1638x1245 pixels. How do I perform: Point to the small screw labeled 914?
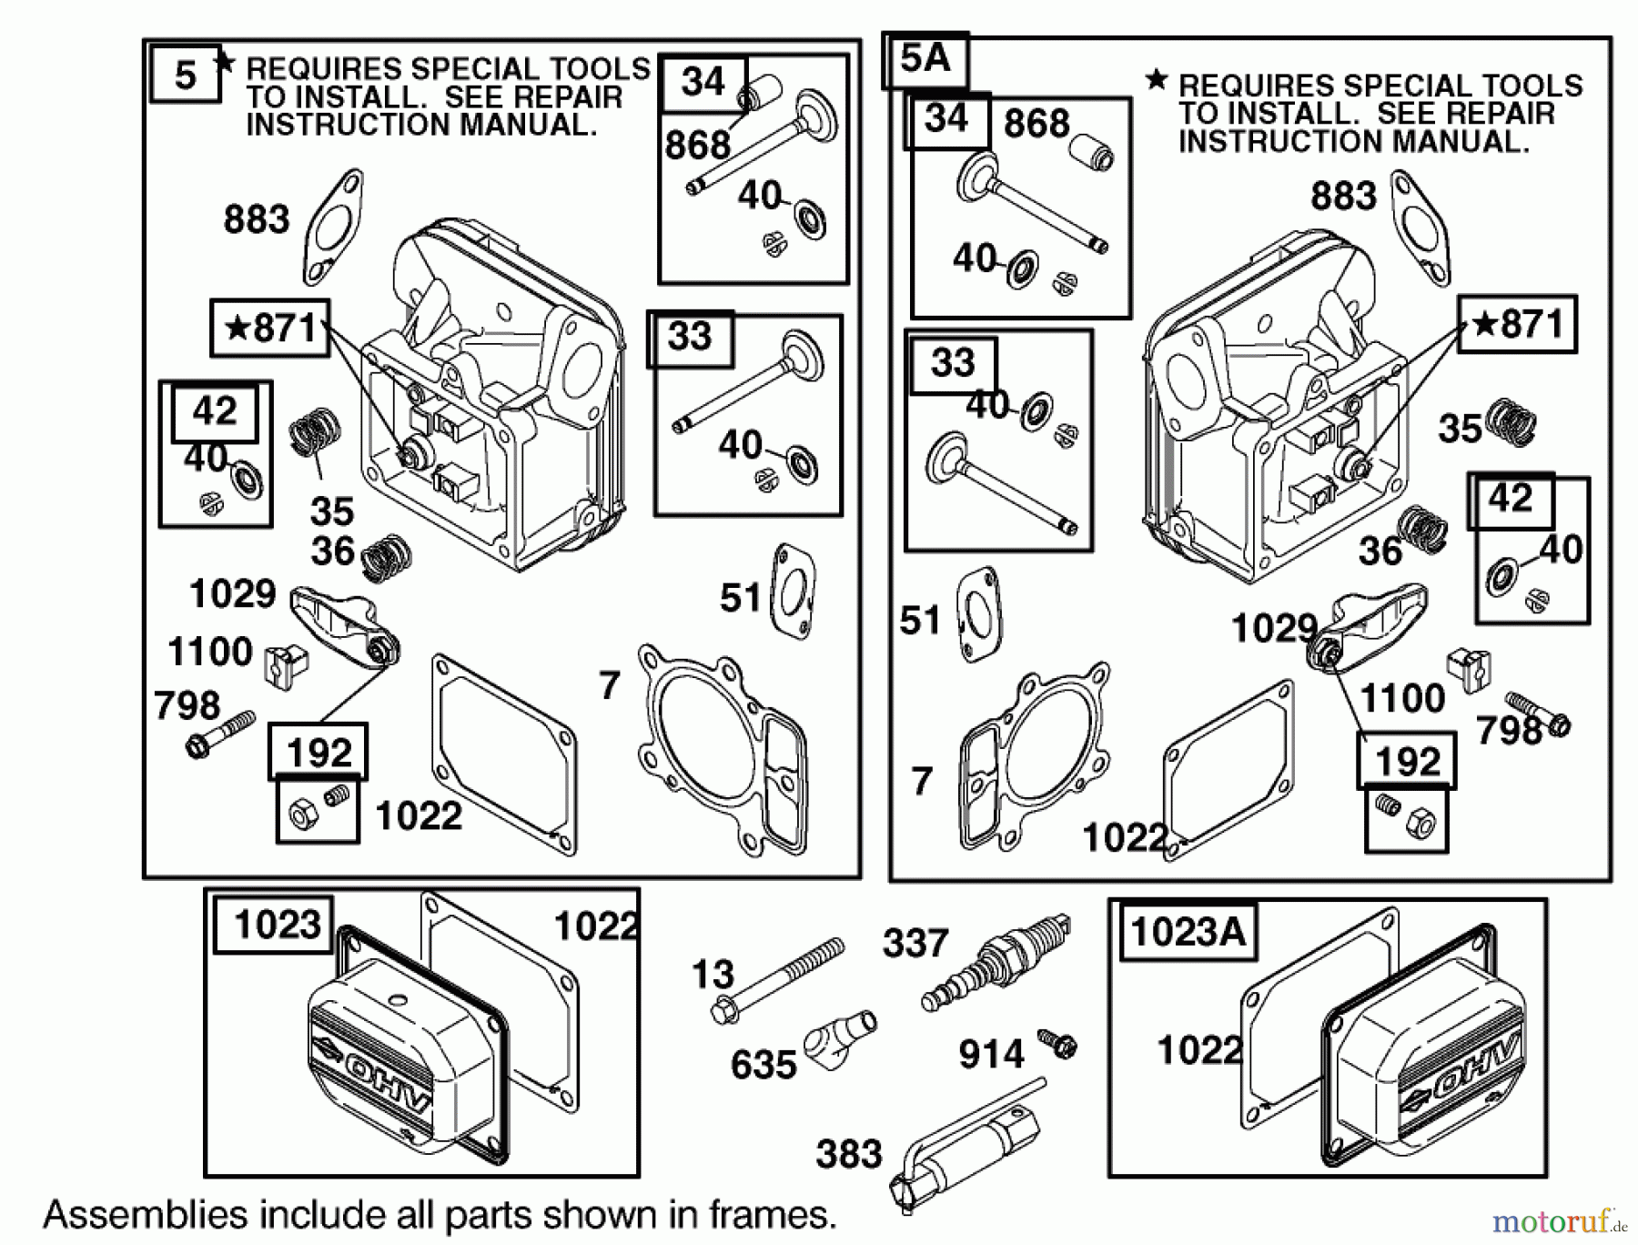tap(1058, 1043)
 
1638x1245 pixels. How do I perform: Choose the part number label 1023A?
tap(1187, 932)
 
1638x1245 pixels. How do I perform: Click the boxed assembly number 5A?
tap(925, 60)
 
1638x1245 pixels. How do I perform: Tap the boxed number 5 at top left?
tap(185, 75)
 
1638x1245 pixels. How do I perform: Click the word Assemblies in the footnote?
tap(145, 1215)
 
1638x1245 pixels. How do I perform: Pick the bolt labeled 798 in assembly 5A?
tap(1539, 714)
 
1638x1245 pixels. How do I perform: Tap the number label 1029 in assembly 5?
tap(232, 594)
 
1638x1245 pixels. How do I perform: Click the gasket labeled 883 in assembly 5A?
tap(1420, 228)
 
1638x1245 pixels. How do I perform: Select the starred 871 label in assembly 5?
tap(269, 328)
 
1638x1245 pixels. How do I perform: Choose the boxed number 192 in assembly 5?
tap(318, 753)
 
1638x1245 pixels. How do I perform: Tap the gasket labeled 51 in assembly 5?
tap(793, 592)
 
